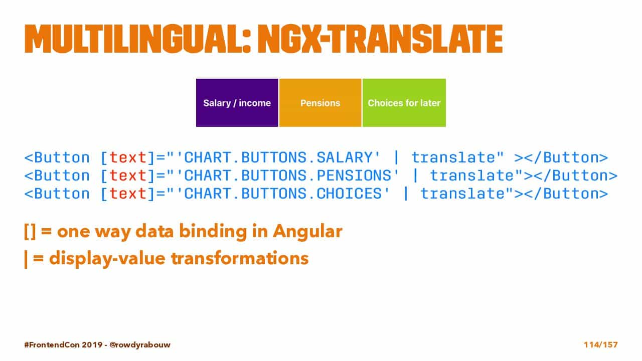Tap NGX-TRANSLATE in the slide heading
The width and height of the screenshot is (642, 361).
pos(380,39)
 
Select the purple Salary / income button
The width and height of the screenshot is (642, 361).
pos(237,103)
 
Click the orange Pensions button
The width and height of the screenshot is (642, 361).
pos(320,103)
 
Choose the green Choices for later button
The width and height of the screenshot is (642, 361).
pos(404,103)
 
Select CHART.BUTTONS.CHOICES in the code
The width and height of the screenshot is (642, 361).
pos(282,194)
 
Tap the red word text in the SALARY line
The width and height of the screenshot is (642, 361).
pos(128,157)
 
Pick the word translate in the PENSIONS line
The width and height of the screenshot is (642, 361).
pos(472,175)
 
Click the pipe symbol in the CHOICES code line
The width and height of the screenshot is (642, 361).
pos(406,194)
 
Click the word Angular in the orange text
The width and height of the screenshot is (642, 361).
pos(307,232)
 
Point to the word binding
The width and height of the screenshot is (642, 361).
pos(213,232)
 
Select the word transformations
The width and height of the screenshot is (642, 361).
pos(240,258)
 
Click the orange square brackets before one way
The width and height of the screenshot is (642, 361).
pos(30,232)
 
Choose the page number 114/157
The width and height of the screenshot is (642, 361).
pos(601,344)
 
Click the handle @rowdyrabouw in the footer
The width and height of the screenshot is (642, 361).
pos(140,344)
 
